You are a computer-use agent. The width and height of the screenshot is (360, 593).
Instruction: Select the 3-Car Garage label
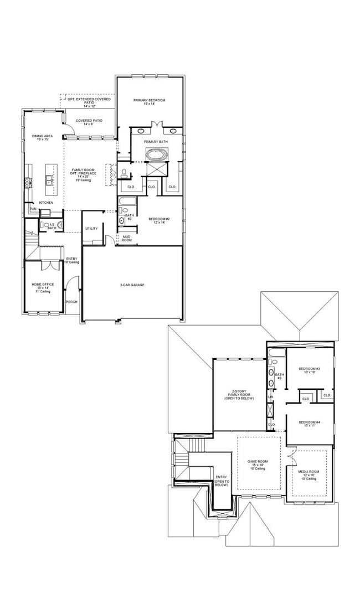(x=132, y=285)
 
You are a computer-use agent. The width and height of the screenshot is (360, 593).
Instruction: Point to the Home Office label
(x=43, y=287)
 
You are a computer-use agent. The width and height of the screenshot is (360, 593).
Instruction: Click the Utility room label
(x=91, y=228)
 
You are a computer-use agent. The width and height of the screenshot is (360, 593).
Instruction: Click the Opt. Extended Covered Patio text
(x=89, y=102)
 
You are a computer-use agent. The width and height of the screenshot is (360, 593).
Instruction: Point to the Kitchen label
(x=46, y=203)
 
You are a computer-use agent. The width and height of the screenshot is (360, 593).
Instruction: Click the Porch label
(x=71, y=302)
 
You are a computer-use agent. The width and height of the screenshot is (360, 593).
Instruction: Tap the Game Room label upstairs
(x=257, y=464)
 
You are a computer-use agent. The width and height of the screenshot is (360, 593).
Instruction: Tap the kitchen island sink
(x=50, y=179)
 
